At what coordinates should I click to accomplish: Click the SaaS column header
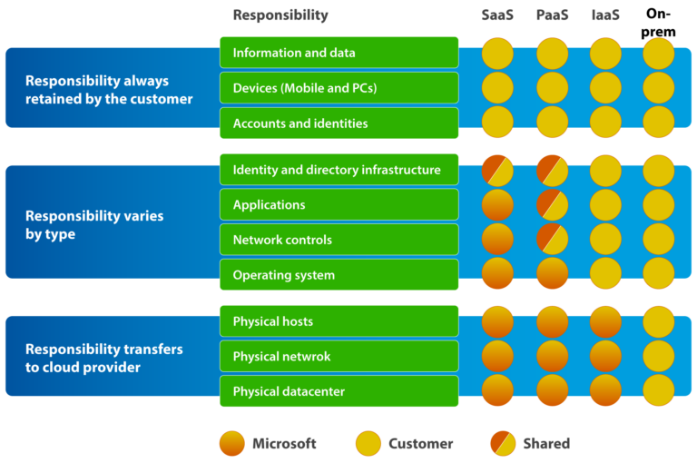point(497,15)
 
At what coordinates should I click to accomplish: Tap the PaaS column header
point(552,15)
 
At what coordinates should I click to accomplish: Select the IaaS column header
point(605,15)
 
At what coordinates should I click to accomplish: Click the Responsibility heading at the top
point(280,15)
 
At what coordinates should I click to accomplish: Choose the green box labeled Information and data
point(339,53)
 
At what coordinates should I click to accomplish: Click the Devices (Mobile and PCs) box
point(339,88)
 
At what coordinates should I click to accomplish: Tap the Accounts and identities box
point(339,123)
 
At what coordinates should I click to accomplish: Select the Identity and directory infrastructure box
point(339,171)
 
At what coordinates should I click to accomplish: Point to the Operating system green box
point(339,275)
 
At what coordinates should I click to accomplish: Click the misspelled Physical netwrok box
point(339,357)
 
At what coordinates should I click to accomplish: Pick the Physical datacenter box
point(339,392)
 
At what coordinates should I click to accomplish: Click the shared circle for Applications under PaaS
point(552,205)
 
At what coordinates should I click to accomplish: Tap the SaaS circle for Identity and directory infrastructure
point(497,171)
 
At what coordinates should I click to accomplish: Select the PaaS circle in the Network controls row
point(552,240)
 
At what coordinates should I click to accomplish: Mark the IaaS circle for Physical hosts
point(605,321)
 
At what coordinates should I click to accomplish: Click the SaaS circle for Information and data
point(497,53)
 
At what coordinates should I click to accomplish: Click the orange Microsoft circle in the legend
point(232,444)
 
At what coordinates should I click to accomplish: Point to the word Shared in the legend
point(546,444)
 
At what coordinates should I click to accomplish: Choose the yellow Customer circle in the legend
point(368,444)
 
